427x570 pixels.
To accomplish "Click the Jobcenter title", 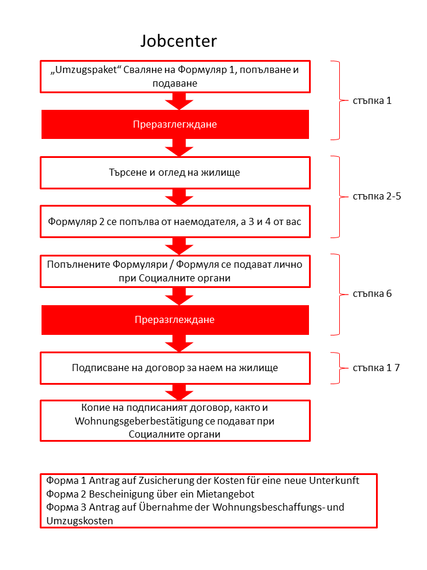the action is coord(179,41).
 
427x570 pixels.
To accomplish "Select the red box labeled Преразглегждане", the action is coord(175,124).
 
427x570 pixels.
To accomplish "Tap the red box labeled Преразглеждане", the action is coord(175,320).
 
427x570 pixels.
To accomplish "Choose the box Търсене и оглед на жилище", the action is coord(175,173).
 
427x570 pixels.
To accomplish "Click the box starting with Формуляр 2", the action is coord(175,221).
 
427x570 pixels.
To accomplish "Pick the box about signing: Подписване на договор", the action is coord(175,368).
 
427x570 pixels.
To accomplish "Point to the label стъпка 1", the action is coord(372,101).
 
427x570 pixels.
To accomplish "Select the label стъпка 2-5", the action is coord(377,197).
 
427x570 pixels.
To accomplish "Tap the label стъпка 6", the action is coord(372,294).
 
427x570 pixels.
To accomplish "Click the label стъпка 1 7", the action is coord(376,368).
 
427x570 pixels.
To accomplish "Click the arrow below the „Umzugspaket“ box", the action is coord(179,101).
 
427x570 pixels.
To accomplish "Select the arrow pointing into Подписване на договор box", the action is coord(179,343).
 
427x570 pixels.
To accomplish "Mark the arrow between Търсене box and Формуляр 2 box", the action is coord(179,197).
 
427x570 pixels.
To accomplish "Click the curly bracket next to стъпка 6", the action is coord(339,294).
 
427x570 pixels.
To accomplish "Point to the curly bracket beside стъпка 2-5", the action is coord(339,197).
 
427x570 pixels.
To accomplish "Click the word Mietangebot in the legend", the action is coord(225,494).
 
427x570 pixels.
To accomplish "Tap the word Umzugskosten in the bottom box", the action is coord(79,521).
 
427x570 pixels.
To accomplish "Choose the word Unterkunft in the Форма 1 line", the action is coord(334,480).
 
